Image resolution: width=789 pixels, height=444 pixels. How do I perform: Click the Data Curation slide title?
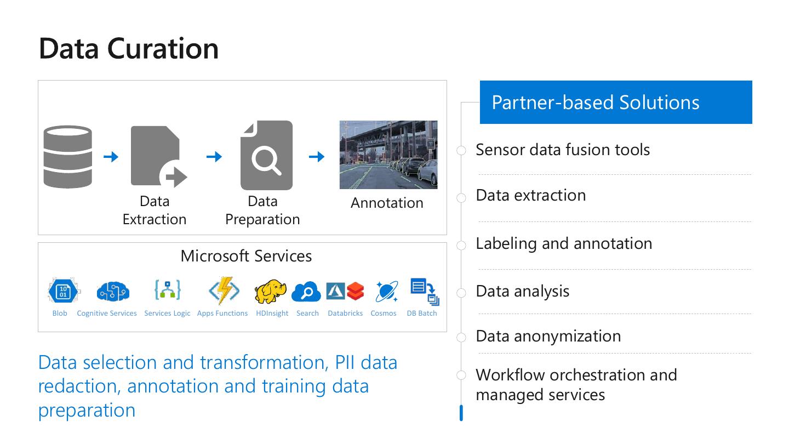tap(129, 48)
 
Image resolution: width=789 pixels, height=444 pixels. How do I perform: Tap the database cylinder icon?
tap(68, 157)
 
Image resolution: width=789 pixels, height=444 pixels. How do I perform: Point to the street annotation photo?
tap(388, 155)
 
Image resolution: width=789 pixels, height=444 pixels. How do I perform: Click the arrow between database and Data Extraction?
tap(111, 157)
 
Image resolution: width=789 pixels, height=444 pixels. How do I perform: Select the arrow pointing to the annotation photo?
tap(317, 157)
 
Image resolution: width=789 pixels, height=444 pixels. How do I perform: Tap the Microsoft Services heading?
tap(246, 256)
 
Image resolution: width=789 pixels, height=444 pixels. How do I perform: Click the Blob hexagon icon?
tap(62, 291)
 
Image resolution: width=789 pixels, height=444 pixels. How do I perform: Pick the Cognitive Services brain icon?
tap(113, 292)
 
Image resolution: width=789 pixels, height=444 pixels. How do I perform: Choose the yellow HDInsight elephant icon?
tap(271, 292)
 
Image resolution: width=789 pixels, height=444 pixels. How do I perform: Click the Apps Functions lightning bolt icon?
tap(224, 291)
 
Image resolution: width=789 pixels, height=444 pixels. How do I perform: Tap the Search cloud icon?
tap(306, 292)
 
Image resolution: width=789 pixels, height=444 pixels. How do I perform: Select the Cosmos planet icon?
tap(386, 292)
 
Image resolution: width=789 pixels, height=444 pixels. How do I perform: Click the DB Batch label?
tap(422, 314)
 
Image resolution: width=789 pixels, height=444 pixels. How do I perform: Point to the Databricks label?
tap(345, 314)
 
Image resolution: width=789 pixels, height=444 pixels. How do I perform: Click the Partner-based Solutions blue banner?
tap(616, 103)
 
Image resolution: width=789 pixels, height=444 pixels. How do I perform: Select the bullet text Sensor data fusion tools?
tap(563, 150)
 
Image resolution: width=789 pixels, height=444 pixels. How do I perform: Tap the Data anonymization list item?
tap(548, 336)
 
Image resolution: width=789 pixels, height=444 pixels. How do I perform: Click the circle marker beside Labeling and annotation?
tap(461, 245)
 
